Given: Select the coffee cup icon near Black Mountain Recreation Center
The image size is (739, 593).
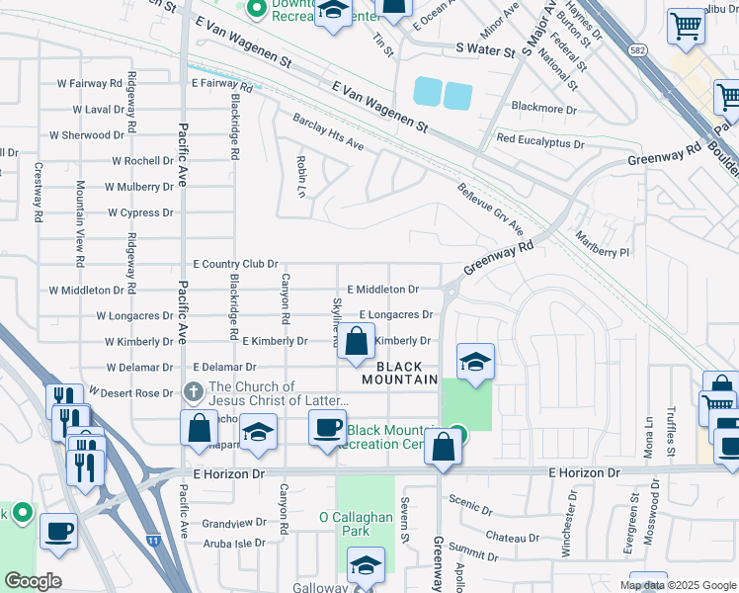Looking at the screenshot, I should (327, 427).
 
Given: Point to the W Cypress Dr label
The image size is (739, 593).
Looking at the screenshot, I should (140, 212).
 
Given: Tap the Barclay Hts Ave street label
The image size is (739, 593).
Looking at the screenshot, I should (328, 132).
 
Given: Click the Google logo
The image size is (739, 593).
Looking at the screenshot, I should (33, 581).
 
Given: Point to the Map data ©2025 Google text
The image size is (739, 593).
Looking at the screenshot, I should (679, 585).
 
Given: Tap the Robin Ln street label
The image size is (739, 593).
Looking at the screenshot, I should (300, 176).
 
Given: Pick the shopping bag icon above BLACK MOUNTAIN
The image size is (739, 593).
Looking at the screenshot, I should (356, 342).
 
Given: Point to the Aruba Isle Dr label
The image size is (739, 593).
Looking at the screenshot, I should (234, 544).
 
